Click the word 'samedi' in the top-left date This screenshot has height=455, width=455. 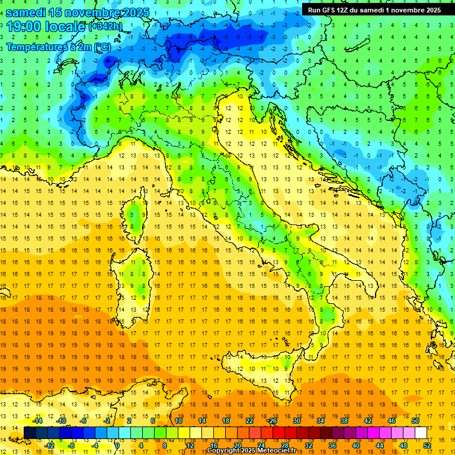click(x=25, y=12)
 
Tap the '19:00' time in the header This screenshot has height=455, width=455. click(x=24, y=27)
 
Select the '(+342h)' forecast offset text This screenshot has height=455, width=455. click(x=107, y=27)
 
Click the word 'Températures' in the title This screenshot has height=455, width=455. click(x=36, y=47)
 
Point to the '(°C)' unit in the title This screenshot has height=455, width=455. click(x=101, y=47)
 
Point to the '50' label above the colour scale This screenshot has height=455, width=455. click(x=415, y=421)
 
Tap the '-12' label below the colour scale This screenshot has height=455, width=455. click(x=49, y=446)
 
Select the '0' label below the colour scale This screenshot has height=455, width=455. click(x=117, y=446)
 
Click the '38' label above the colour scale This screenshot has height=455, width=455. click(x=344, y=421)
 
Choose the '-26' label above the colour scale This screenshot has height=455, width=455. click(x=272, y=421)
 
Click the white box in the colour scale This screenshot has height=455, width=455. click(x=421, y=432)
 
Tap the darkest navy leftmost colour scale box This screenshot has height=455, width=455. click(x=30, y=432)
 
